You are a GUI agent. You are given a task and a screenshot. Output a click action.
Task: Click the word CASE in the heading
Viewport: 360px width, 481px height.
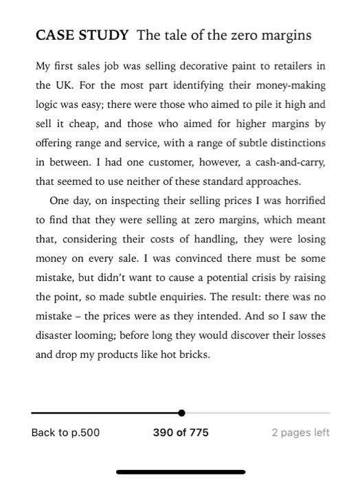pos(54,35)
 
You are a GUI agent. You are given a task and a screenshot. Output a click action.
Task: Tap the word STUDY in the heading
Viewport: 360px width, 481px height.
pos(104,35)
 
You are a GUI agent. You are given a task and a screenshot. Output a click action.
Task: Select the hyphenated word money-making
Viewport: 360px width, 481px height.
pos(291,86)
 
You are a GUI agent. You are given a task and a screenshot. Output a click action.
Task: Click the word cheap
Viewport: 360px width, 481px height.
pos(79,124)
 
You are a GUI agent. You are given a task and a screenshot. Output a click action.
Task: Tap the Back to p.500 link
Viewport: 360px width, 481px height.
pos(65,432)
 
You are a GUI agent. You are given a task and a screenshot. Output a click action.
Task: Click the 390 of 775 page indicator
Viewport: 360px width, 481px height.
pos(181,432)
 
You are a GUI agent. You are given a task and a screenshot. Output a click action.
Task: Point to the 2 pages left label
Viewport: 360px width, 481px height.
pos(300,432)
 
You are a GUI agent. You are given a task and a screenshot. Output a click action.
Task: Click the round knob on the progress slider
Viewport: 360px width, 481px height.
pos(181,413)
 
